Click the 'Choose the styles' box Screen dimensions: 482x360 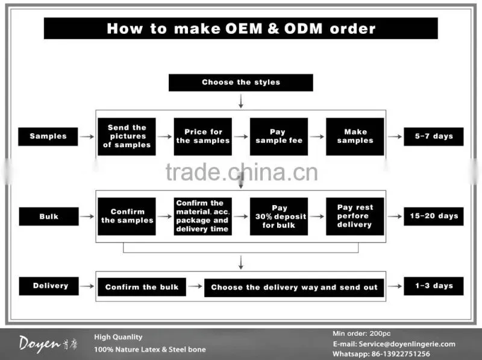pos(240,83)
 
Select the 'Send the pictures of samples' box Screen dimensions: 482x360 pos(127,136)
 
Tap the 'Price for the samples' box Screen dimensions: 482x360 pos(203,136)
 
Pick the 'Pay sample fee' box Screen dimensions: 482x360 pos(279,136)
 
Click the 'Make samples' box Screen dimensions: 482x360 pos(355,136)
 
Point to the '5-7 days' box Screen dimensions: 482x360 pos(434,136)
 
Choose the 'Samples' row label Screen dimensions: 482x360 pos(48,136)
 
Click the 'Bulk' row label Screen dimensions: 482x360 pos(49,216)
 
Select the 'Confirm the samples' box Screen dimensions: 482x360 pos(127,216)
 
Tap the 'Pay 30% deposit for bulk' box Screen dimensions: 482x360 pos(279,216)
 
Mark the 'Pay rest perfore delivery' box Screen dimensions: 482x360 pos(355,216)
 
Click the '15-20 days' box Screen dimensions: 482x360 pos(434,216)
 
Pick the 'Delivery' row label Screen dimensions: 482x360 pos(49,286)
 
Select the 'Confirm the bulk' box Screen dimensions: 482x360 pos(142,287)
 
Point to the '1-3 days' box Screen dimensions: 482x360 pos(434,286)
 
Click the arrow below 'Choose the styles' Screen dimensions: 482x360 pos(240,101)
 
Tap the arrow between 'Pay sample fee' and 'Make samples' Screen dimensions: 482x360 pos(317,136)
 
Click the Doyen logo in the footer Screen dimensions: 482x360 pos(48,344)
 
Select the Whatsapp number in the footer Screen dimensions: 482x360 pos(401,354)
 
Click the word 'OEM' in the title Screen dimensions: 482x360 pos(244,28)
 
